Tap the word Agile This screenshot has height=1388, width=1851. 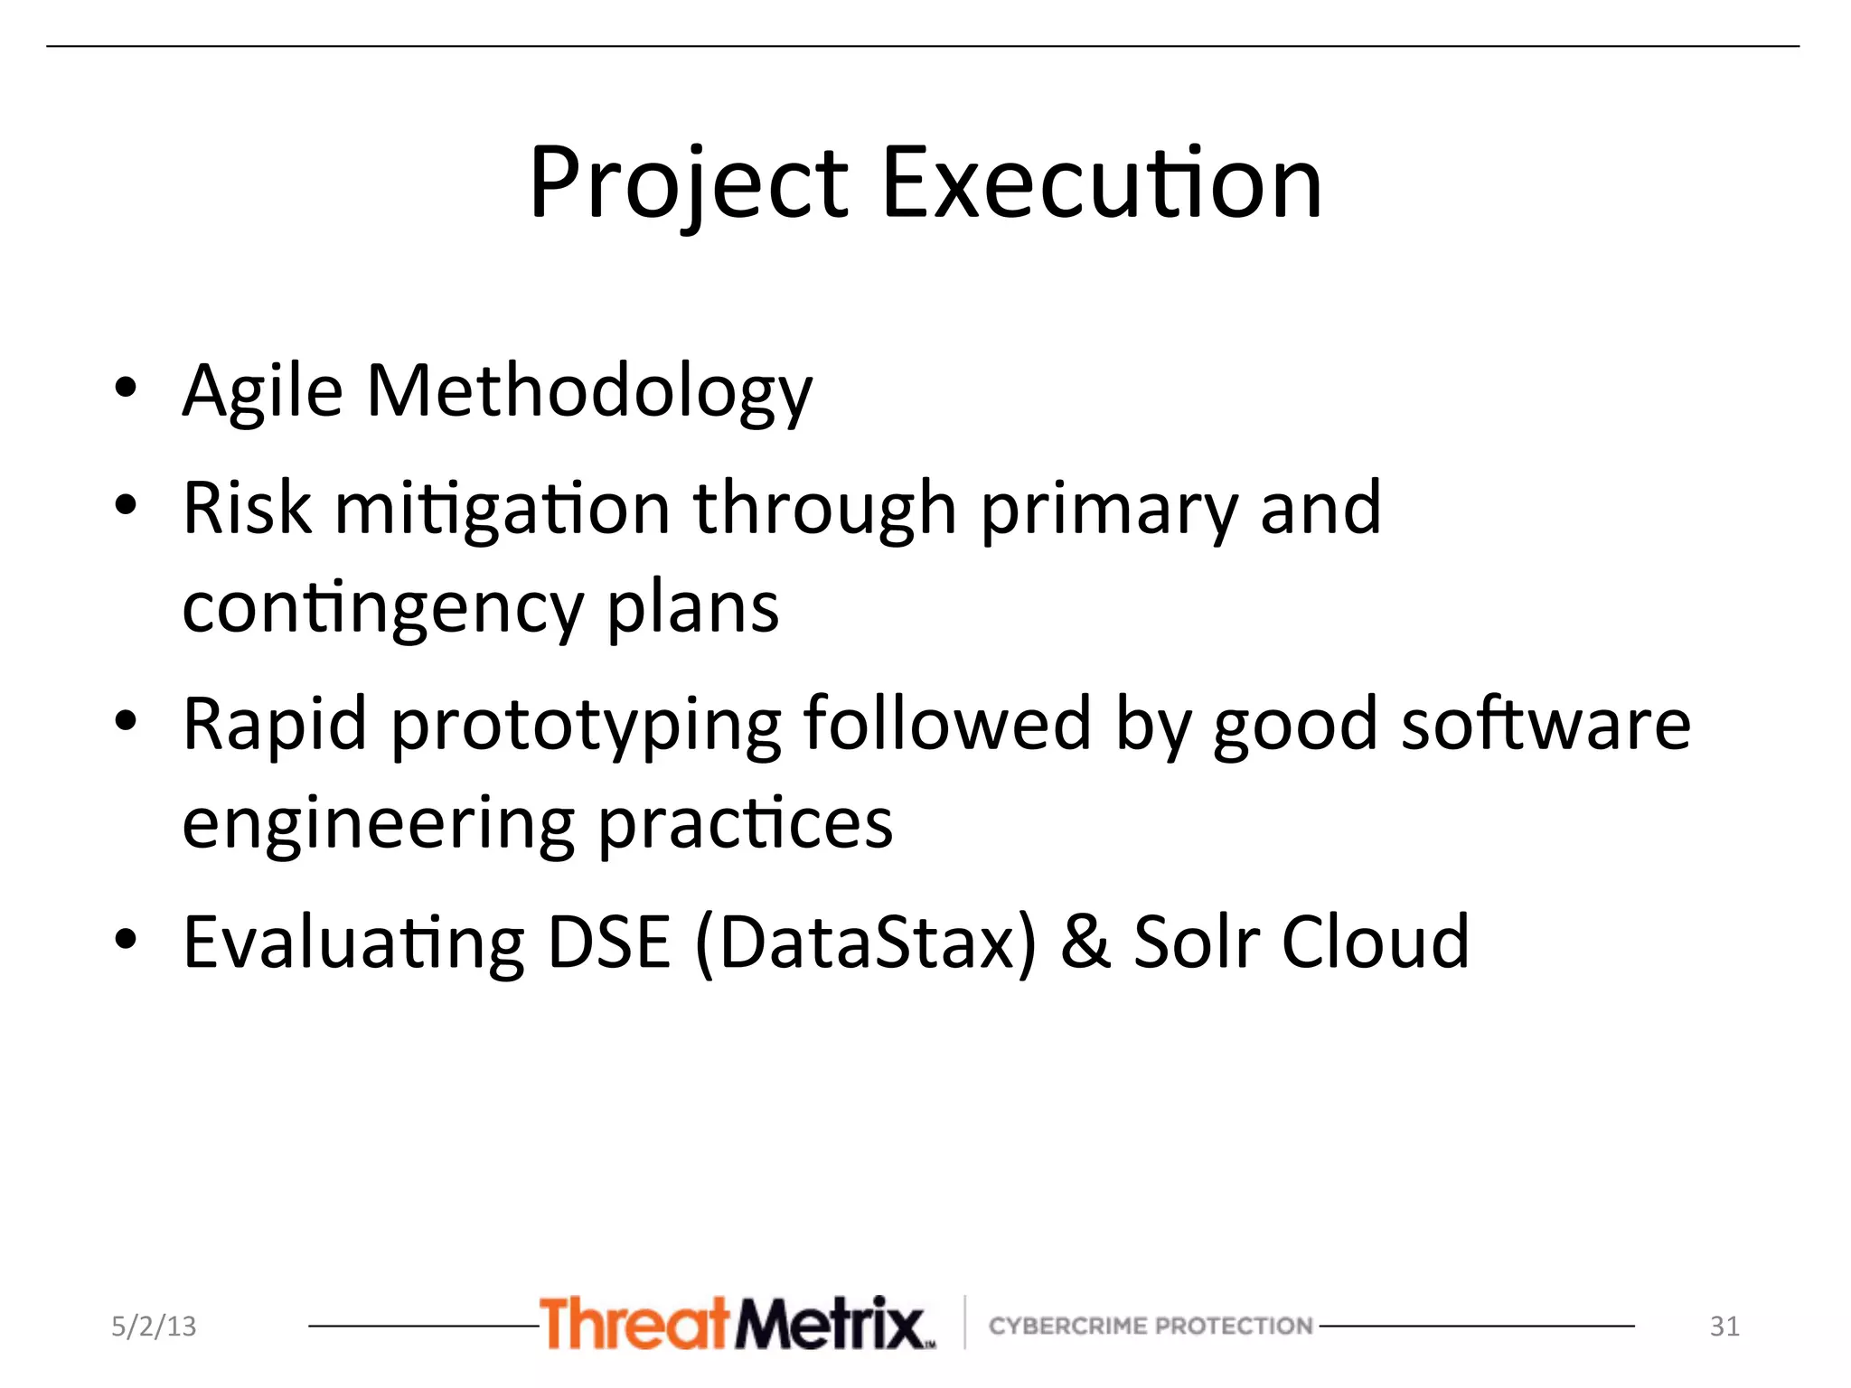tap(262, 392)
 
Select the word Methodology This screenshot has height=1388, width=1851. tap(589, 392)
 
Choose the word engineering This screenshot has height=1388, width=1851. tap(378, 825)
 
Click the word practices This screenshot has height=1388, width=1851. tap(745, 823)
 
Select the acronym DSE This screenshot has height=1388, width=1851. tap(609, 942)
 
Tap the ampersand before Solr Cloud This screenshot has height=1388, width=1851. tap(1085, 942)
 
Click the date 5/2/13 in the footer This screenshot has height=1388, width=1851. tap(154, 1326)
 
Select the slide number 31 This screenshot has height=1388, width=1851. tap(1724, 1326)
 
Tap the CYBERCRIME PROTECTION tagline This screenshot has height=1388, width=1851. tap(1150, 1326)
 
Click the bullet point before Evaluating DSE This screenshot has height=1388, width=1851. tap(126, 940)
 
